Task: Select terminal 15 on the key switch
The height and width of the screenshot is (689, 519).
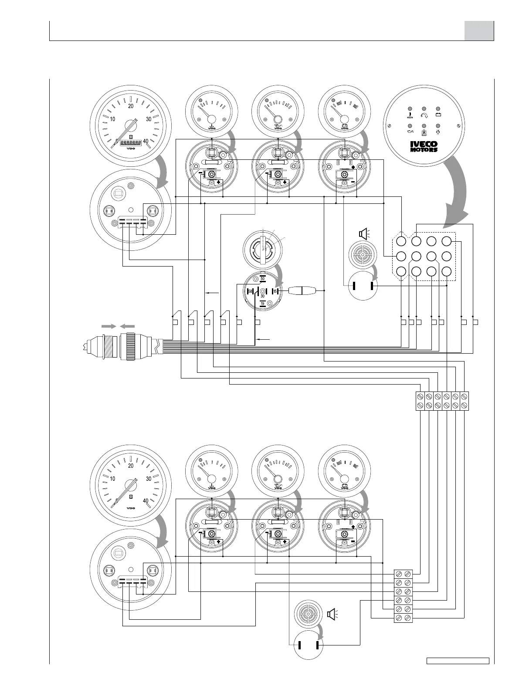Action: click(275, 290)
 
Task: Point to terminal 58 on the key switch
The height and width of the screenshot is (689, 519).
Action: click(250, 291)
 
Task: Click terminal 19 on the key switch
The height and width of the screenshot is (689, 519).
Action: click(262, 303)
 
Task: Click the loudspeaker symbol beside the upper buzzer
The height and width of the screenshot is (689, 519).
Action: click(363, 234)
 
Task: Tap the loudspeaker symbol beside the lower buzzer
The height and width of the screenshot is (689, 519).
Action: click(331, 614)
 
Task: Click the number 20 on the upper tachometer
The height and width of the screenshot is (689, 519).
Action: click(131, 105)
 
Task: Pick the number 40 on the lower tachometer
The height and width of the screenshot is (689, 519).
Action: click(146, 500)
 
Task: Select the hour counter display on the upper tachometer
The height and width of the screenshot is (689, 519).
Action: click(130, 142)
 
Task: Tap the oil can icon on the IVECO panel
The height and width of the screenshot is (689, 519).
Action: click(409, 131)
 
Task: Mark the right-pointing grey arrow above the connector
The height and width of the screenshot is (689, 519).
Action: click(109, 325)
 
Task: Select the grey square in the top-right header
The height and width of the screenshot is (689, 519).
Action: click(479, 30)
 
